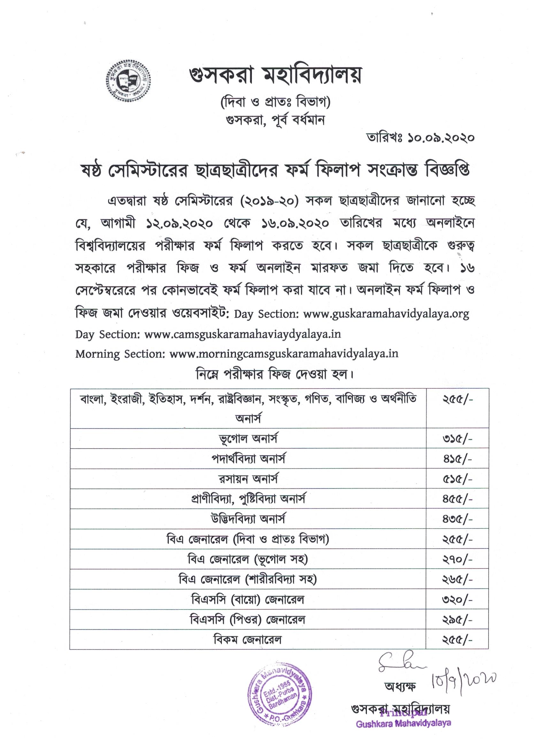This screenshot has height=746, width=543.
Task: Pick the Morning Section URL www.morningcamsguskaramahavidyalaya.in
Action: pos(284,354)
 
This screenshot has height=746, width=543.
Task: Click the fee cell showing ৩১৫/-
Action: pos(457,439)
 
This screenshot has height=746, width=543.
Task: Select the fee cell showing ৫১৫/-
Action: pos(457,479)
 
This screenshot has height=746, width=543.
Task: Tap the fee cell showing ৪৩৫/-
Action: pos(457,519)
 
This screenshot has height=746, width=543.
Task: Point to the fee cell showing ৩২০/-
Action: pos(457,599)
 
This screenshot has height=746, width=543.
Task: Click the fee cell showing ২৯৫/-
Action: pos(457,620)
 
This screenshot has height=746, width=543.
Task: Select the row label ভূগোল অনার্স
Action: pos(248,439)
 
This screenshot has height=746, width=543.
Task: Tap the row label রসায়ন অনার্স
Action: pos(248,479)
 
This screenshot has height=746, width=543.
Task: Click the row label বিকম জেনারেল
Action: pos(248,640)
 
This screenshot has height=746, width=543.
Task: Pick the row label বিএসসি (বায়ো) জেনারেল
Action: pos(248,599)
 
